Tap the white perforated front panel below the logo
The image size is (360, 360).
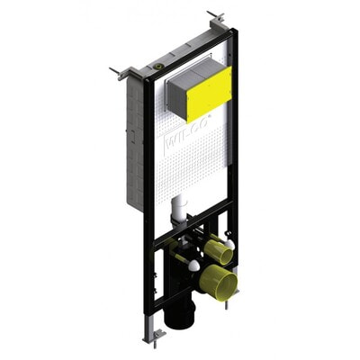[x=189, y=175]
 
